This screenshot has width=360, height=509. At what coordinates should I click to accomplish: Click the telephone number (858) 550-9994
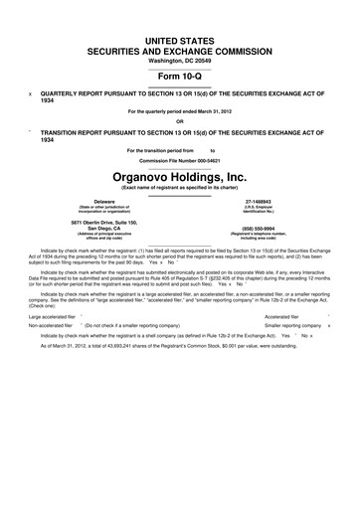[x=270, y=226]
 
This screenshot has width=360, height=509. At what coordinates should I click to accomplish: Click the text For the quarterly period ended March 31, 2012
[x=179, y=111]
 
